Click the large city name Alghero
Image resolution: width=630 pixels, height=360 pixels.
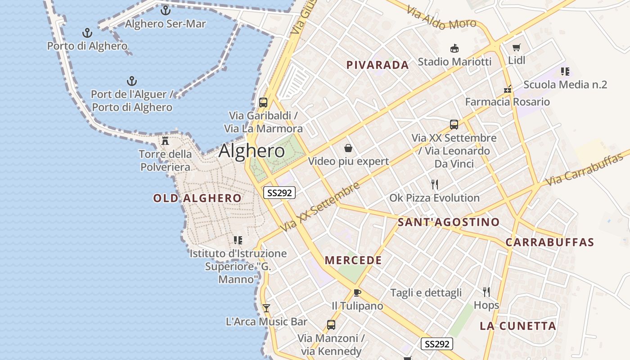252,151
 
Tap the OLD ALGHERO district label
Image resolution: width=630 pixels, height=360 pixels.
197,198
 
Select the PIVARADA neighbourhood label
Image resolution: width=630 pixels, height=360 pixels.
378,65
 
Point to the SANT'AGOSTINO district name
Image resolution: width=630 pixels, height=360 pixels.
449,222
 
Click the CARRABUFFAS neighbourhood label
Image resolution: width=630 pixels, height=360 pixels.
550,242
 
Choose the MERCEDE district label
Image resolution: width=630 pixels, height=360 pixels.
353,260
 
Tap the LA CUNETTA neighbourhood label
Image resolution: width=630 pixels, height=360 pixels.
518,326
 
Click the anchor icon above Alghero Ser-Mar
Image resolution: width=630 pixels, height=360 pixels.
166,10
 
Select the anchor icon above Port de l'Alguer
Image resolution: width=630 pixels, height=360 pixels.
131,81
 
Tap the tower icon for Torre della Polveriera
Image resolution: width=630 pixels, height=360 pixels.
165,140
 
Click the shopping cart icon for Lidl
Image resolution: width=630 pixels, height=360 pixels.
516,47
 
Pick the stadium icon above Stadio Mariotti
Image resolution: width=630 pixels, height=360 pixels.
454,48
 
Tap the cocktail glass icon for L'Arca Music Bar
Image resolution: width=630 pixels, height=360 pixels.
266,308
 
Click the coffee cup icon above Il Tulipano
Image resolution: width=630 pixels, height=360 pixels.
357,292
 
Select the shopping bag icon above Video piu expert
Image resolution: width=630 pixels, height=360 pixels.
348,148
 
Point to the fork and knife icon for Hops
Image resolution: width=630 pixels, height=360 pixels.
486,292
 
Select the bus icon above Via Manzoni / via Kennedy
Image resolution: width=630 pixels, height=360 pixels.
331,324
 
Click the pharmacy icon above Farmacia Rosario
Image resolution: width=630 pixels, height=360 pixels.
508,89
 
